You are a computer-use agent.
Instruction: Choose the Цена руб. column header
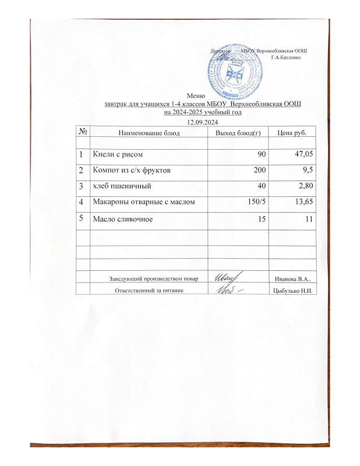[x=292, y=133]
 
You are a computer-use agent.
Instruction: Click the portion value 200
[x=258, y=171]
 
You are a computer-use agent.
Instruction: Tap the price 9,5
[x=308, y=171]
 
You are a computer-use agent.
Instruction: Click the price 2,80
[x=306, y=186]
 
